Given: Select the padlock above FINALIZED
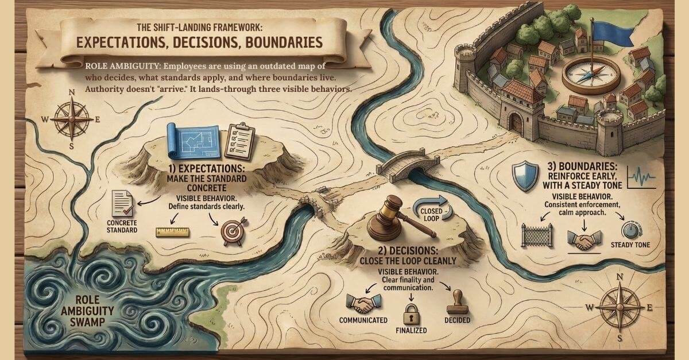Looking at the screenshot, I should [x=412, y=315].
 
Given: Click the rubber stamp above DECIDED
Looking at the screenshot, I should [x=456, y=300].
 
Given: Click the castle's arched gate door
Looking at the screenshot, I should [x=515, y=122].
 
